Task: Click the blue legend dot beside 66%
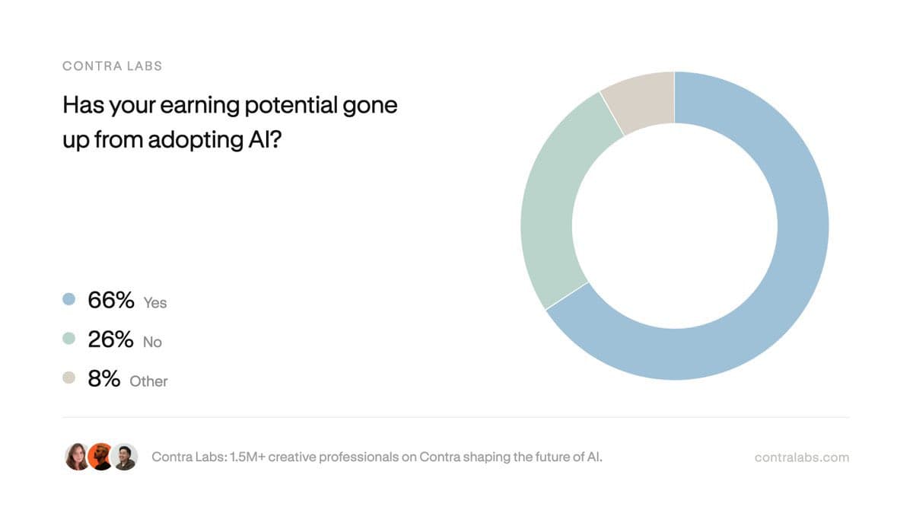click(x=69, y=300)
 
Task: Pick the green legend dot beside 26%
click(x=69, y=339)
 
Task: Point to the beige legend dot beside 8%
click(x=69, y=378)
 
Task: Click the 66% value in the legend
click(x=111, y=300)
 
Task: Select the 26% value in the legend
click(x=111, y=339)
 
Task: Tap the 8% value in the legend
click(x=103, y=378)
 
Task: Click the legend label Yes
click(x=155, y=303)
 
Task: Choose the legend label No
click(x=152, y=343)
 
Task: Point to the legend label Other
click(x=148, y=381)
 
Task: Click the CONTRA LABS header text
click(x=112, y=65)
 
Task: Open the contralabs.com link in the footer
click(x=802, y=457)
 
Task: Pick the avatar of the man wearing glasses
click(x=124, y=457)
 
